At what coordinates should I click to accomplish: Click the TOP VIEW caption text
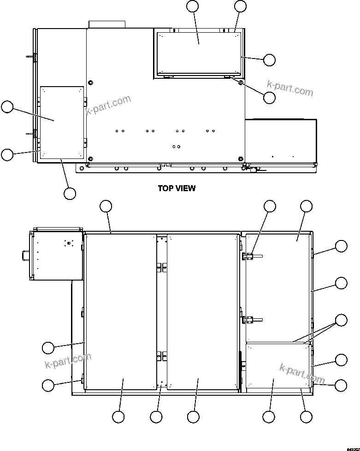coord(177,188)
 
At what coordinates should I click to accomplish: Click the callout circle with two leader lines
coord(341,320)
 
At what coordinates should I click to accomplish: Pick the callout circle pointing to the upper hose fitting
coord(270,206)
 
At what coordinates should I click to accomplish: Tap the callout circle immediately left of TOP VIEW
coord(70,193)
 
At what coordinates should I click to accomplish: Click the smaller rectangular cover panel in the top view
coord(62,122)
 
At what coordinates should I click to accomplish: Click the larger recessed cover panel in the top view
coord(199,53)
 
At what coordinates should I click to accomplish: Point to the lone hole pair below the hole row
coord(176,146)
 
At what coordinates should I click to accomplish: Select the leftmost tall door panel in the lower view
coord(121,311)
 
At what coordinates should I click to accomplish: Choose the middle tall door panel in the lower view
coord(202,311)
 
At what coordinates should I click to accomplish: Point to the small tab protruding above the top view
coord(107,24)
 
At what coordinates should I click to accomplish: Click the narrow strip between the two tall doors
coord(161,311)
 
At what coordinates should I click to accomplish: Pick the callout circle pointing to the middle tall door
coord(194,417)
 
